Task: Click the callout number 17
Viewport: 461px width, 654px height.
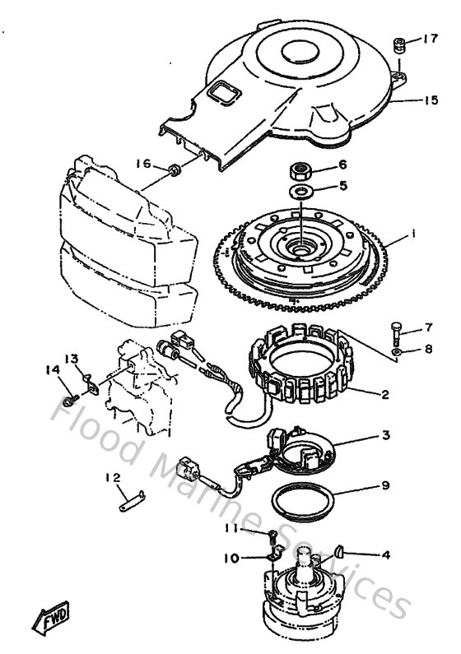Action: (430, 39)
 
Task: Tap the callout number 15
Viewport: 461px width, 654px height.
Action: (430, 101)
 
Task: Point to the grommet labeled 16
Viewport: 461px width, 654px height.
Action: (175, 170)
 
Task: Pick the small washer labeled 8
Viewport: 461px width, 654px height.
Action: (398, 351)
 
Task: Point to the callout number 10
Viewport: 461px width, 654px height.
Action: (230, 559)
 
